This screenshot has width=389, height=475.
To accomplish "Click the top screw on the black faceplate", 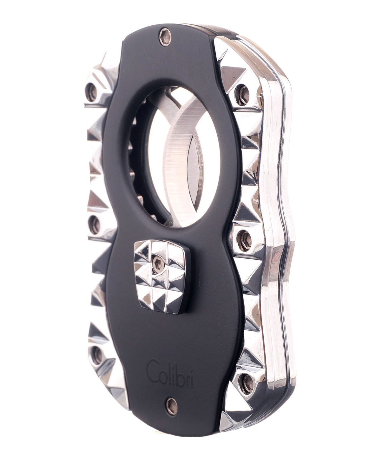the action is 165,37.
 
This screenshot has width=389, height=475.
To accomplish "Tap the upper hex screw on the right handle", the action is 242,95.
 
